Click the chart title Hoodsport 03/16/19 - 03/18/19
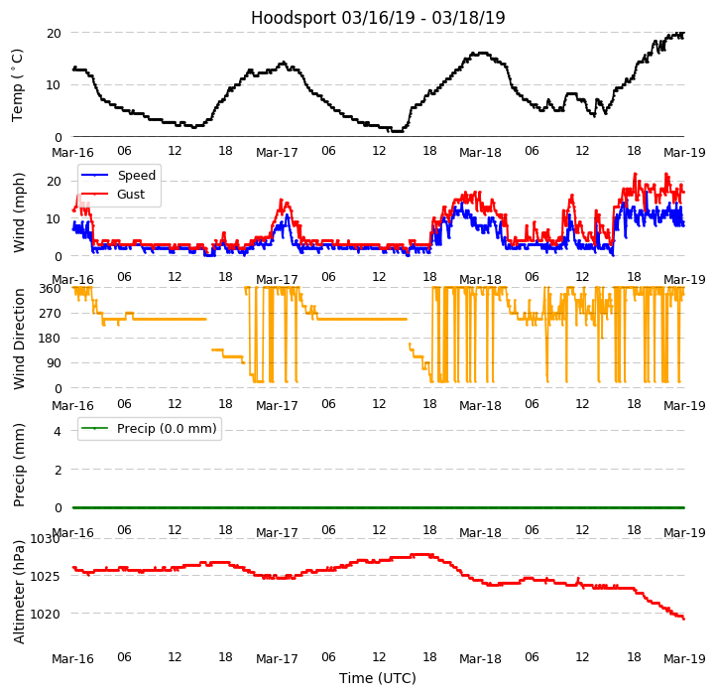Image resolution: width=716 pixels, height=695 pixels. tap(378, 18)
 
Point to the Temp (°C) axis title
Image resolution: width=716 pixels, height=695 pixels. tap(19, 84)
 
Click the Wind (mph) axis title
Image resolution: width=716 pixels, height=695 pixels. tap(19, 211)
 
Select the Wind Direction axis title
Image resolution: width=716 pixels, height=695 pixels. tap(19, 338)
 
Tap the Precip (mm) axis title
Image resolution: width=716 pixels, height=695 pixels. tap(19, 465)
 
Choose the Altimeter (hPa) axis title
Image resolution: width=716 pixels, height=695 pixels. tap(19, 592)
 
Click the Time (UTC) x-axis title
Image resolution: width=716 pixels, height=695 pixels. tap(378, 678)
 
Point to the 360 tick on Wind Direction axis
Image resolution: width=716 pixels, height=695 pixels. tap(50, 289)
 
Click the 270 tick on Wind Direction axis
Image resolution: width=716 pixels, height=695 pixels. tap(50, 314)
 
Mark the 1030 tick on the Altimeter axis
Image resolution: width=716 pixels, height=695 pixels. tap(45, 539)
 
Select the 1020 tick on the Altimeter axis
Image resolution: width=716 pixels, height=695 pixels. tap(45, 615)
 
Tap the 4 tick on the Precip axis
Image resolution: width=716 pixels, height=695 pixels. tap(58, 432)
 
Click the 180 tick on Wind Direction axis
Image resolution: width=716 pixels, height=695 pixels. tap(50, 339)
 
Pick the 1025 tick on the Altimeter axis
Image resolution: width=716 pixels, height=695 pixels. tap(45, 577)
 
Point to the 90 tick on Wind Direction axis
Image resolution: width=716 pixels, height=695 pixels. tap(54, 363)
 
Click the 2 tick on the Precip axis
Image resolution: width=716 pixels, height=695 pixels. tap(58, 470)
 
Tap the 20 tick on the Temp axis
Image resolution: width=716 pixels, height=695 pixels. tap(54, 33)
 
